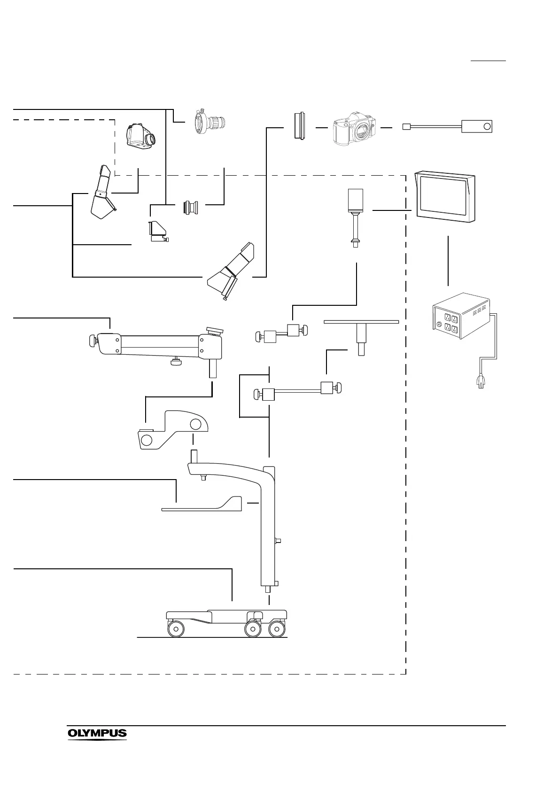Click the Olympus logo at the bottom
coord(97,733)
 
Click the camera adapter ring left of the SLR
coord(299,126)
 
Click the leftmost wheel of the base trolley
coord(176,629)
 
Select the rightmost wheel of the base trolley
coord(277,629)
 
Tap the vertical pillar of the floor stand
coord(268,526)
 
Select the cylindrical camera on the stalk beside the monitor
coord(356,200)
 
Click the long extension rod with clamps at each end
coord(298,390)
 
